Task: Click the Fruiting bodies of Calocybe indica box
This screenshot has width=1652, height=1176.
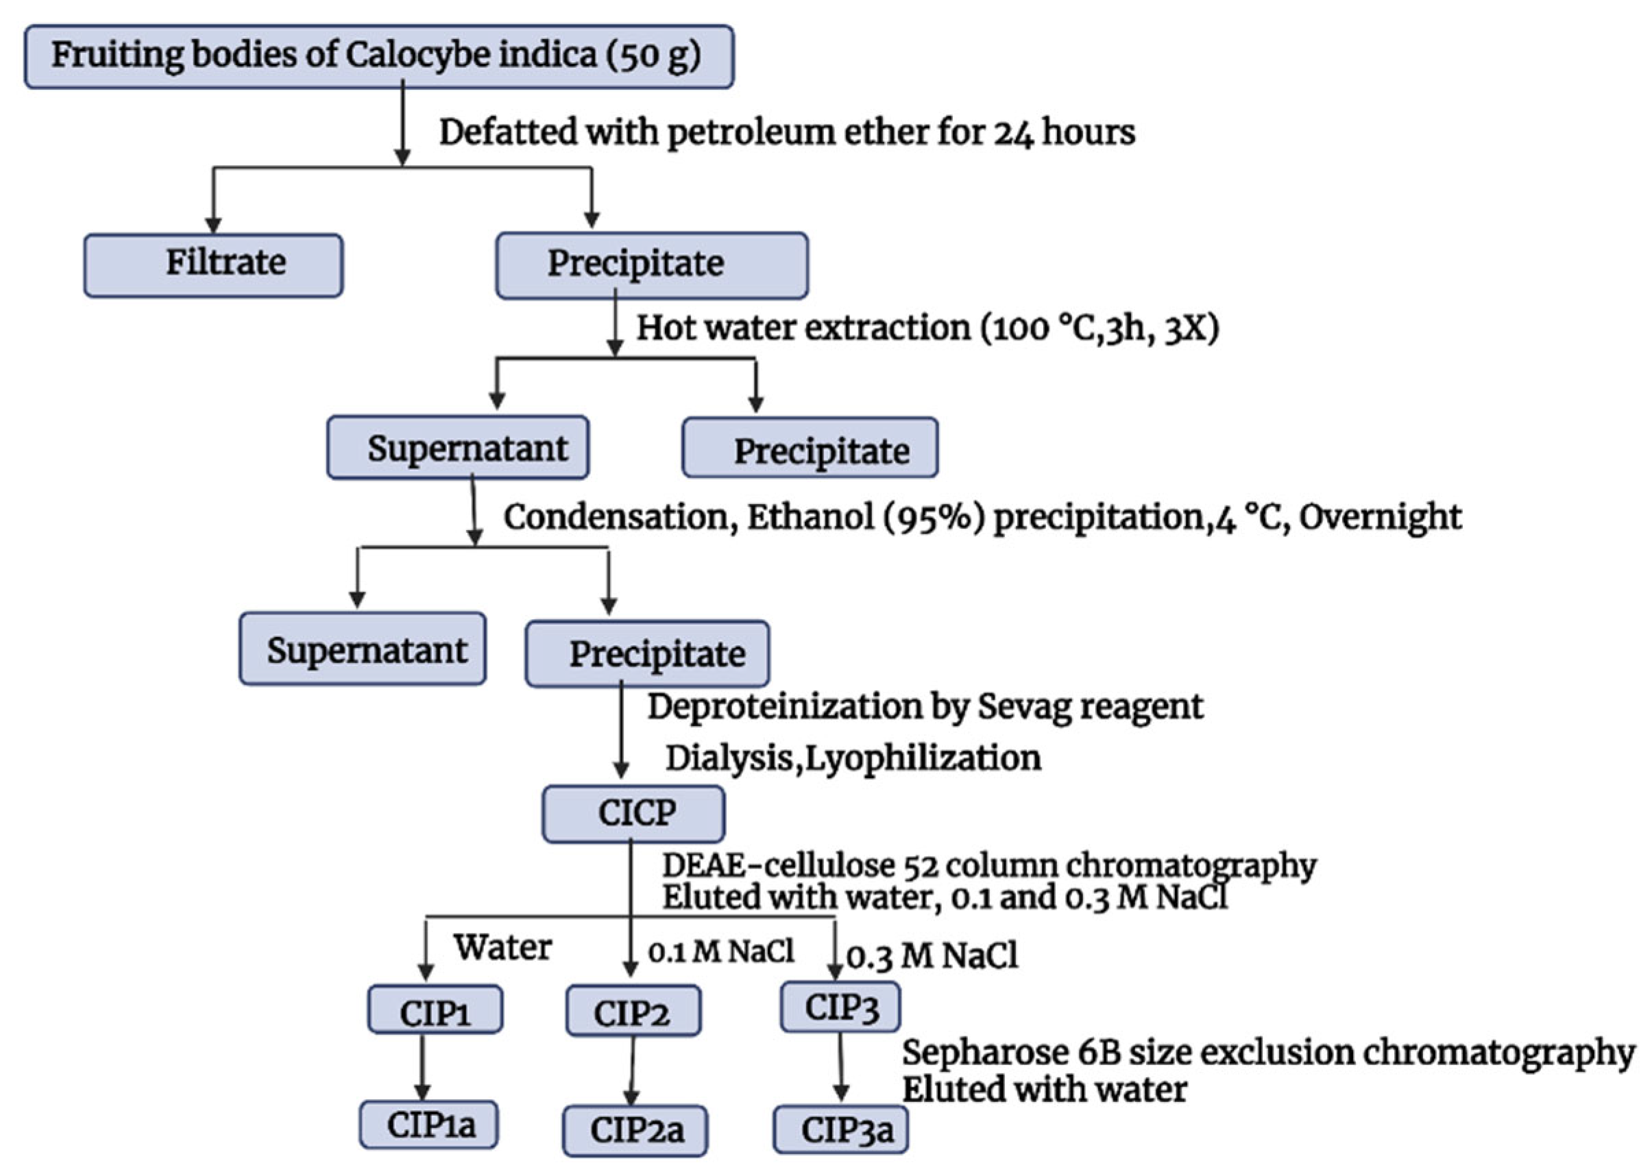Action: click(378, 56)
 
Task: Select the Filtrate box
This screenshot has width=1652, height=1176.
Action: click(213, 264)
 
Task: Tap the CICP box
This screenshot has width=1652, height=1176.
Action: click(633, 813)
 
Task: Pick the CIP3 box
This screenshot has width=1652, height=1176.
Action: click(840, 1008)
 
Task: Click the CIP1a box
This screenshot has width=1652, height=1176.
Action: click(429, 1125)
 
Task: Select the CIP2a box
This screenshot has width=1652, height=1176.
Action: click(635, 1129)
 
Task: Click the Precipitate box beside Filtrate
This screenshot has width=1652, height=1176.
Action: click(651, 264)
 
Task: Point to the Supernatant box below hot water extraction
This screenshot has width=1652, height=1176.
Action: click(457, 448)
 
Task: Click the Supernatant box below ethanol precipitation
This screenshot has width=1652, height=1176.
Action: click(363, 649)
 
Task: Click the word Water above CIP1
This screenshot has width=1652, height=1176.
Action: click(502, 947)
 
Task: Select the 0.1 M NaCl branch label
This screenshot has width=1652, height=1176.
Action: click(721, 951)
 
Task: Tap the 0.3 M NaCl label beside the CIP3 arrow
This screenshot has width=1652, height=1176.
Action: click(932, 957)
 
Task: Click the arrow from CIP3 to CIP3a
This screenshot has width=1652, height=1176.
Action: click(840, 1066)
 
